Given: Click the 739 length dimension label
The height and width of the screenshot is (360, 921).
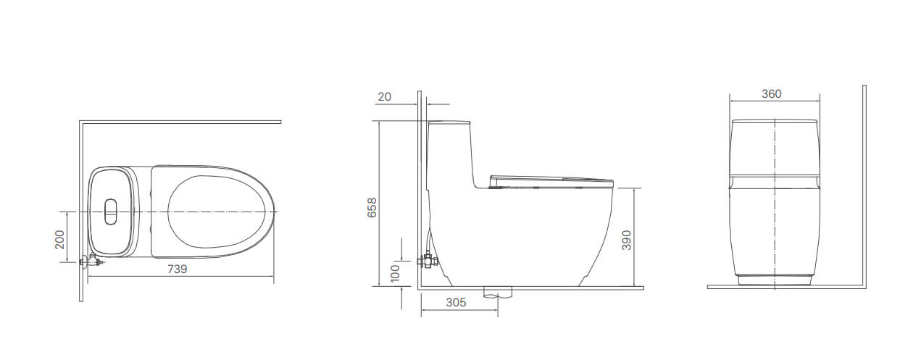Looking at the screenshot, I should [178, 269].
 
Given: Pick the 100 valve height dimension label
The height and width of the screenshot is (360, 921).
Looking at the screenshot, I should [395, 272].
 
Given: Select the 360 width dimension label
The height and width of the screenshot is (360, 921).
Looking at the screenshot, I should [772, 94].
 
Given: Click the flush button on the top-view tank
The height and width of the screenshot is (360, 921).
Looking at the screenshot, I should [111, 210].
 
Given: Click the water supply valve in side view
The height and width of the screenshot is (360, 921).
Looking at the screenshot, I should [428, 260].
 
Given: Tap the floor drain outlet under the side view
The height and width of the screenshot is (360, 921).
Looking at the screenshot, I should [497, 293].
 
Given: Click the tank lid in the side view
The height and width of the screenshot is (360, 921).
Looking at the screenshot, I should [449, 122].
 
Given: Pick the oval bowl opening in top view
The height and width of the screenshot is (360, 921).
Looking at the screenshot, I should [214, 212].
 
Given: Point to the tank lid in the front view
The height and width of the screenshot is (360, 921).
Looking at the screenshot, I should [774, 120].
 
